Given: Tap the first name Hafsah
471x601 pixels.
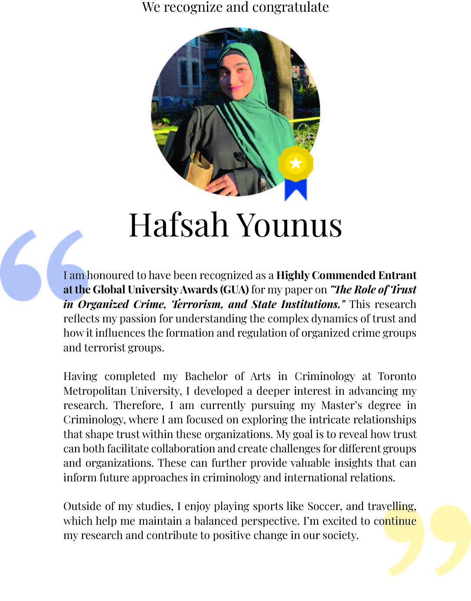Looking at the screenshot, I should (x=178, y=225).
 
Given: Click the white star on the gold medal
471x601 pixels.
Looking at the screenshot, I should (x=296, y=163).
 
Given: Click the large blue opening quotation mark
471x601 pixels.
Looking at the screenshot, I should (x=41, y=264).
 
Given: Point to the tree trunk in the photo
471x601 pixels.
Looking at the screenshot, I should (x=278, y=69).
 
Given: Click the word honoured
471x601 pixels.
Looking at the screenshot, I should (x=111, y=275).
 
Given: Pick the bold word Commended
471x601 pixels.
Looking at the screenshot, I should (x=343, y=275).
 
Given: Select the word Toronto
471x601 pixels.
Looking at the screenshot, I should (x=397, y=376).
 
